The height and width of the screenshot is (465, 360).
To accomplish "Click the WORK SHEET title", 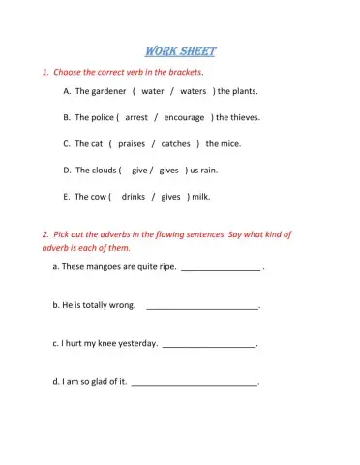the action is point(180,51).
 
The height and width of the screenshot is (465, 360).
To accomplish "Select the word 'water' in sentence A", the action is point(152,91).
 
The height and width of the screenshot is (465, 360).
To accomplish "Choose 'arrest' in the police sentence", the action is point(136,117).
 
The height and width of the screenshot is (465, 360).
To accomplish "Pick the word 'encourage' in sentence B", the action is point(184,117).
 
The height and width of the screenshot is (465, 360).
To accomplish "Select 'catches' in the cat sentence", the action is point(175,143).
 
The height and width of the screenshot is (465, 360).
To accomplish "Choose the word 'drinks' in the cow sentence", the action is point(134,196).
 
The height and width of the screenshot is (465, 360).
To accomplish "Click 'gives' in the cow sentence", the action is point(171,196).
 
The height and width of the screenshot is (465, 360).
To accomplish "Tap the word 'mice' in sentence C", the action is point(230,143).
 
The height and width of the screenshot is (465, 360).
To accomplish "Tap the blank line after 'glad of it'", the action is point(195,384).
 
